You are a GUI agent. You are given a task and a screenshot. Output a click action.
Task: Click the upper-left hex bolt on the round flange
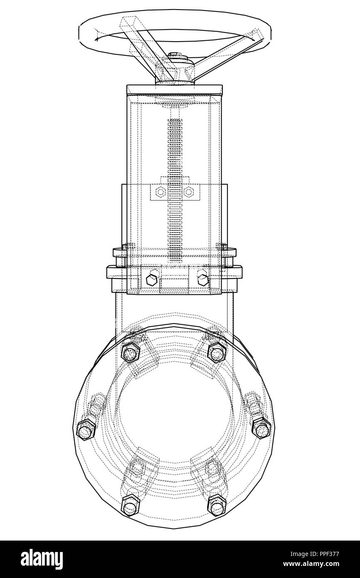tap(130, 353)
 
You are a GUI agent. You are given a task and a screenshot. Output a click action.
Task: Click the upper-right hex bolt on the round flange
tap(216, 352)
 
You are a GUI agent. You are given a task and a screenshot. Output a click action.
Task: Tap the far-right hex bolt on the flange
tap(262, 428)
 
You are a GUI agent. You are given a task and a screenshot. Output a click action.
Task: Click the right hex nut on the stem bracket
tap(189, 192)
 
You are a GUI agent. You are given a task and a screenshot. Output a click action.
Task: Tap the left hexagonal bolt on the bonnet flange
tap(152, 279)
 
